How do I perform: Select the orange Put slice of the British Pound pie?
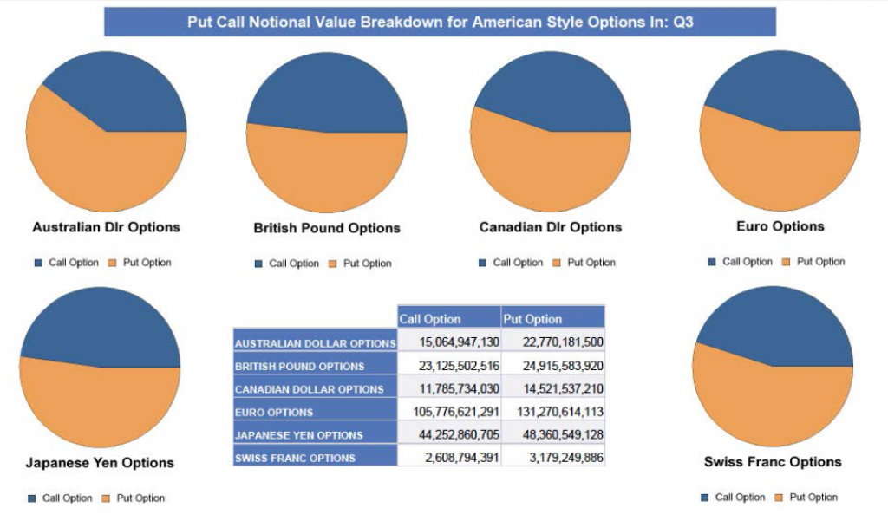[x=327, y=173]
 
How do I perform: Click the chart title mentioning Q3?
[x=440, y=22]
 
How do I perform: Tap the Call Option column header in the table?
[x=431, y=319]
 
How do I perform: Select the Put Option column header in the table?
[x=533, y=319]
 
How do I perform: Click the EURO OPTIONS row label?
[x=274, y=412]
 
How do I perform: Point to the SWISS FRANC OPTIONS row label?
[x=295, y=458]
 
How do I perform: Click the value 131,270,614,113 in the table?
[x=552, y=412]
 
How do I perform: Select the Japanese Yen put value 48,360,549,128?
[x=552, y=434]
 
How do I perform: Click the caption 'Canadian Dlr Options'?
[x=550, y=227]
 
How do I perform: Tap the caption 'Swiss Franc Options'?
[x=772, y=462]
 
